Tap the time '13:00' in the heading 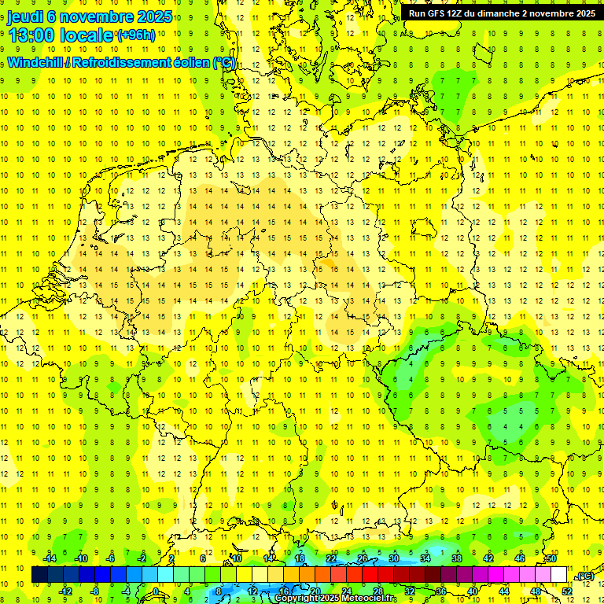click(x=35, y=35)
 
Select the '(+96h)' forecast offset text click(x=136, y=36)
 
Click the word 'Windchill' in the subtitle click(x=35, y=62)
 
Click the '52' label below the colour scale click(x=567, y=591)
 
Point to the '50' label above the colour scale click(x=551, y=558)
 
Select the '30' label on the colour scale click(x=394, y=558)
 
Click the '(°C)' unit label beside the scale click(x=585, y=576)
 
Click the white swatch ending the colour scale click(x=559, y=575)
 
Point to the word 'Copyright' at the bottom click(x=297, y=598)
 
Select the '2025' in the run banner click(x=583, y=13)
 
